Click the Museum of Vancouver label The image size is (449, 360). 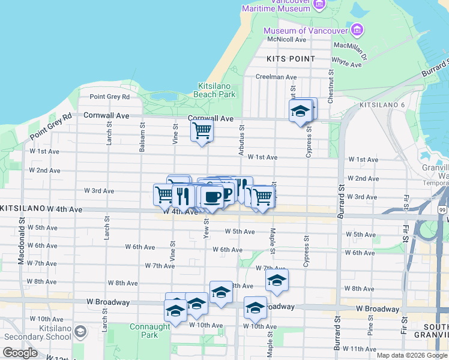[x=306, y=31]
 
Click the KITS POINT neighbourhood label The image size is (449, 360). [x=291, y=59]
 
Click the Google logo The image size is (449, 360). [x=20, y=353]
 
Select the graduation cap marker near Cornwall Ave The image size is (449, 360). [x=300, y=112]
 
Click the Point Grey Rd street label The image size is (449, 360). [x=109, y=97]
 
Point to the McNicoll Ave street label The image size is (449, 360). [x=287, y=40]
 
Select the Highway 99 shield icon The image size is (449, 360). [x=442, y=209]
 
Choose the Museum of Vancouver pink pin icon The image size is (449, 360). [x=357, y=29]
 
